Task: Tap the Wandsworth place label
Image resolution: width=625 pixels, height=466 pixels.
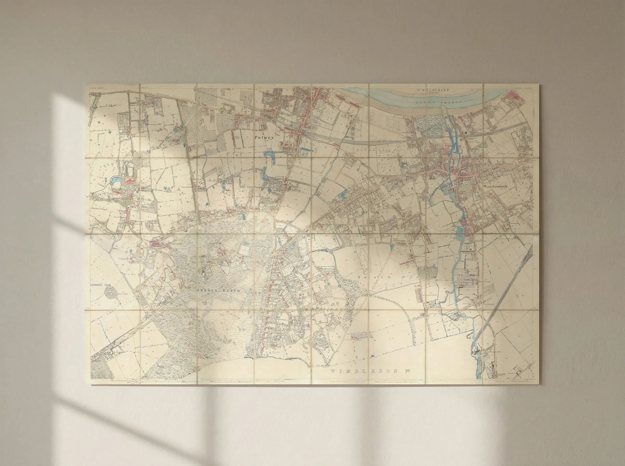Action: (x=495, y=187)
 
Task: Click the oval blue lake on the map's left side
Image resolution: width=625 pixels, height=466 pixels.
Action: (x=116, y=180)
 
